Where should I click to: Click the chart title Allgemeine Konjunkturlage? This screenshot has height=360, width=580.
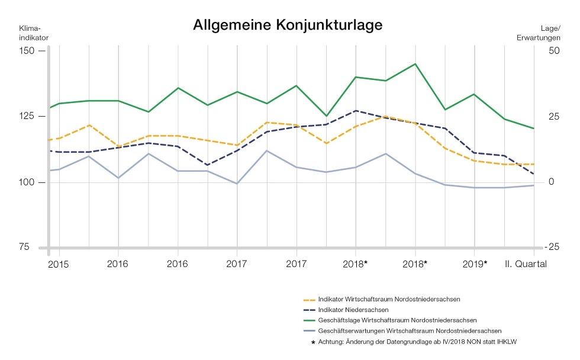click(x=288, y=25)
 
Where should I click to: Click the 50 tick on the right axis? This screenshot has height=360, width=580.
click(x=554, y=51)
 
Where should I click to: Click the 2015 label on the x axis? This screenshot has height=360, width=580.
click(x=59, y=264)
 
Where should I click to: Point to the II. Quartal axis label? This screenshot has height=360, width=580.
click(x=526, y=263)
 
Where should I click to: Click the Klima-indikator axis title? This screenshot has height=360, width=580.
click(x=34, y=33)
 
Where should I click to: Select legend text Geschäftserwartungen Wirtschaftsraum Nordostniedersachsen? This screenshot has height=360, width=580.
click(x=410, y=330)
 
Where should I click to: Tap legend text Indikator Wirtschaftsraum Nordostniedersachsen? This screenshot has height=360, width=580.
click(x=389, y=299)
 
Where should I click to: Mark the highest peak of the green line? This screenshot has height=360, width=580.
click(x=415, y=64)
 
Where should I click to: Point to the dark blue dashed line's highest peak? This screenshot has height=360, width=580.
click(x=356, y=111)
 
